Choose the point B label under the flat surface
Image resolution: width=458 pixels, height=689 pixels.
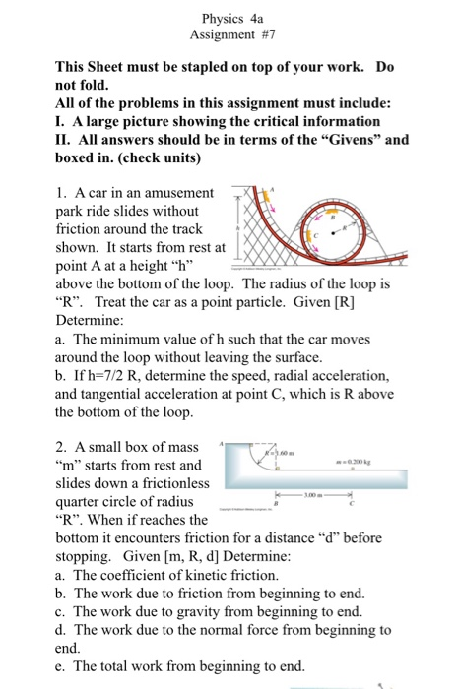[x=275, y=501]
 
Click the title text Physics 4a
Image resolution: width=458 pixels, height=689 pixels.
[x=228, y=18]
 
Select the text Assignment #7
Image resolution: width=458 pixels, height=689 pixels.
[x=229, y=34]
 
